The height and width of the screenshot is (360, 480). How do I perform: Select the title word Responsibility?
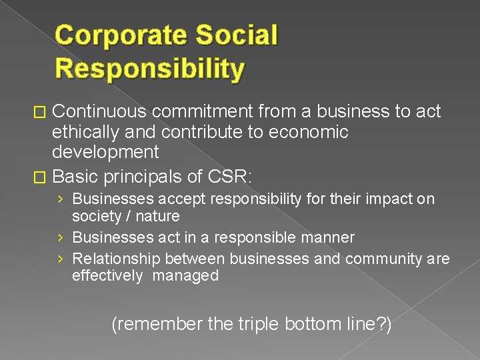[150, 68]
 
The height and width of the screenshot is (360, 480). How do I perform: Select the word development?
[105, 153]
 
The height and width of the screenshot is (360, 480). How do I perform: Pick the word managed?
[185, 276]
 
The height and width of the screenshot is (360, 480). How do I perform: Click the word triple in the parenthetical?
[259, 325]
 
